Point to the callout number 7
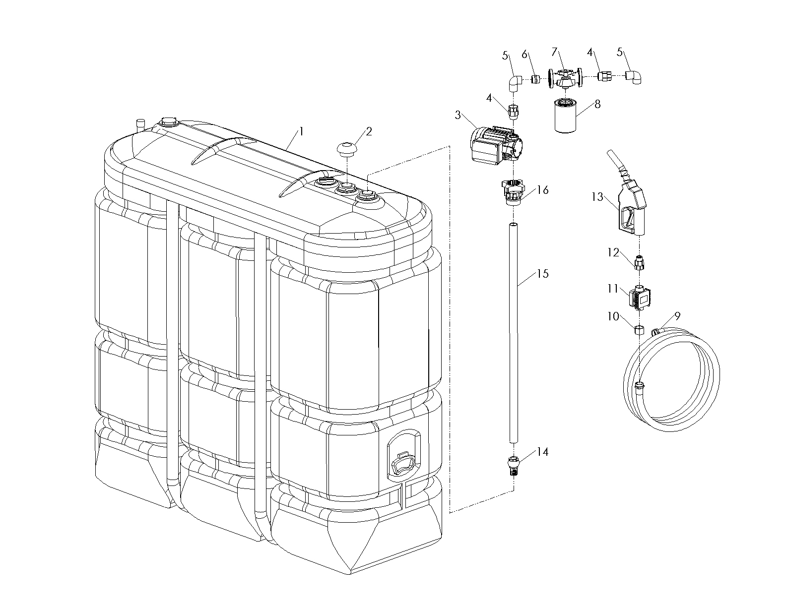coord(555,52)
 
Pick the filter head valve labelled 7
coord(564,79)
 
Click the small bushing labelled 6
coord(535,79)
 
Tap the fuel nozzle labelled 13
coord(630,208)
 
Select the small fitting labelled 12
coord(640,262)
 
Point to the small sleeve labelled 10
coord(639,329)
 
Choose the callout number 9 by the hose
coord(677,315)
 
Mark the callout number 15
coord(543,274)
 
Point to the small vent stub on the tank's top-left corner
coord(140,124)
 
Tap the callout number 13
coord(597,197)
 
